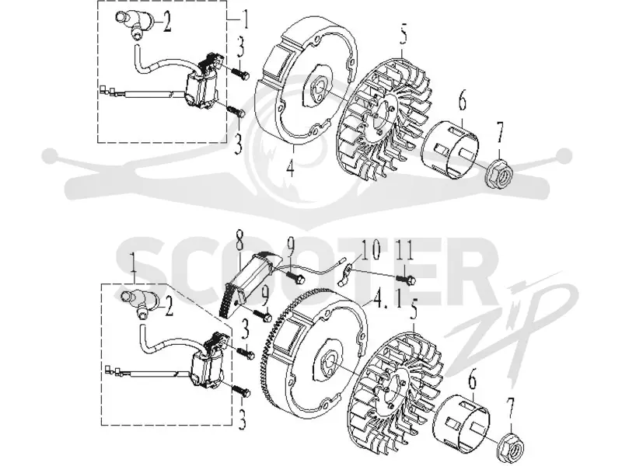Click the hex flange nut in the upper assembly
coord(498,172)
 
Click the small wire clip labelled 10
coord(346,276)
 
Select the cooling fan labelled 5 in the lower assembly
coord(397,391)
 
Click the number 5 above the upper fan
coord(402,37)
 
